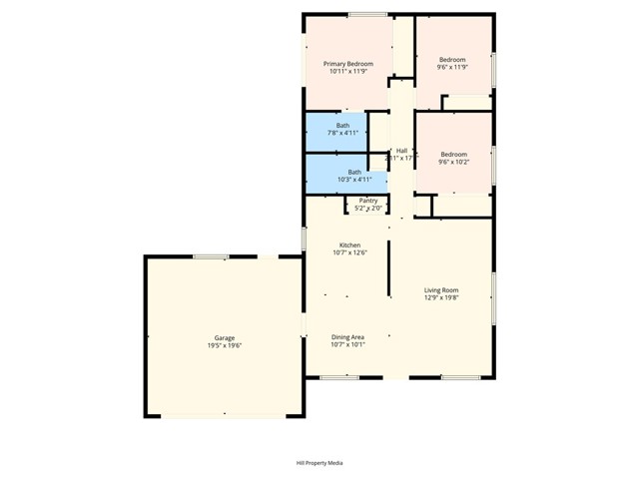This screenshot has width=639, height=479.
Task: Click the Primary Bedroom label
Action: click(347, 64)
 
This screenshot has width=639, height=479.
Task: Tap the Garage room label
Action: click(224, 337)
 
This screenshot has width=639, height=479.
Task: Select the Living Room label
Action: click(440, 290)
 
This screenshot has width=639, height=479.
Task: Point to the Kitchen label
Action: click(349, 245)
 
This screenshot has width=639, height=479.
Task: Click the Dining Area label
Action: click(348, 337)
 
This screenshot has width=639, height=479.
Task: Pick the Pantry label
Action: click(368, 201)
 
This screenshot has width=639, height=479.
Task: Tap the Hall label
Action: click(401, 151)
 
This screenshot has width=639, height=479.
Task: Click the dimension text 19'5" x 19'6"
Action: click(224, 345)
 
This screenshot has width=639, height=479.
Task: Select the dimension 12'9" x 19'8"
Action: click(440, 298)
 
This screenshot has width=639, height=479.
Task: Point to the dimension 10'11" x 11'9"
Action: click(347, 72)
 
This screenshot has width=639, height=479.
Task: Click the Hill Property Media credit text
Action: click(319, 463)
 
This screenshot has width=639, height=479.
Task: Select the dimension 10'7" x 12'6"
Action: click(349, 253)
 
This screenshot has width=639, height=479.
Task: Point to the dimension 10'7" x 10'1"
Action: click(348, 345)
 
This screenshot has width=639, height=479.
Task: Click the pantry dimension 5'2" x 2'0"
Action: click(368, 209)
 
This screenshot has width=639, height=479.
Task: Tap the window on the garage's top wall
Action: click(211, 256)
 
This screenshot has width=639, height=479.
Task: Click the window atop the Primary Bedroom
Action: click(367, 14)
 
